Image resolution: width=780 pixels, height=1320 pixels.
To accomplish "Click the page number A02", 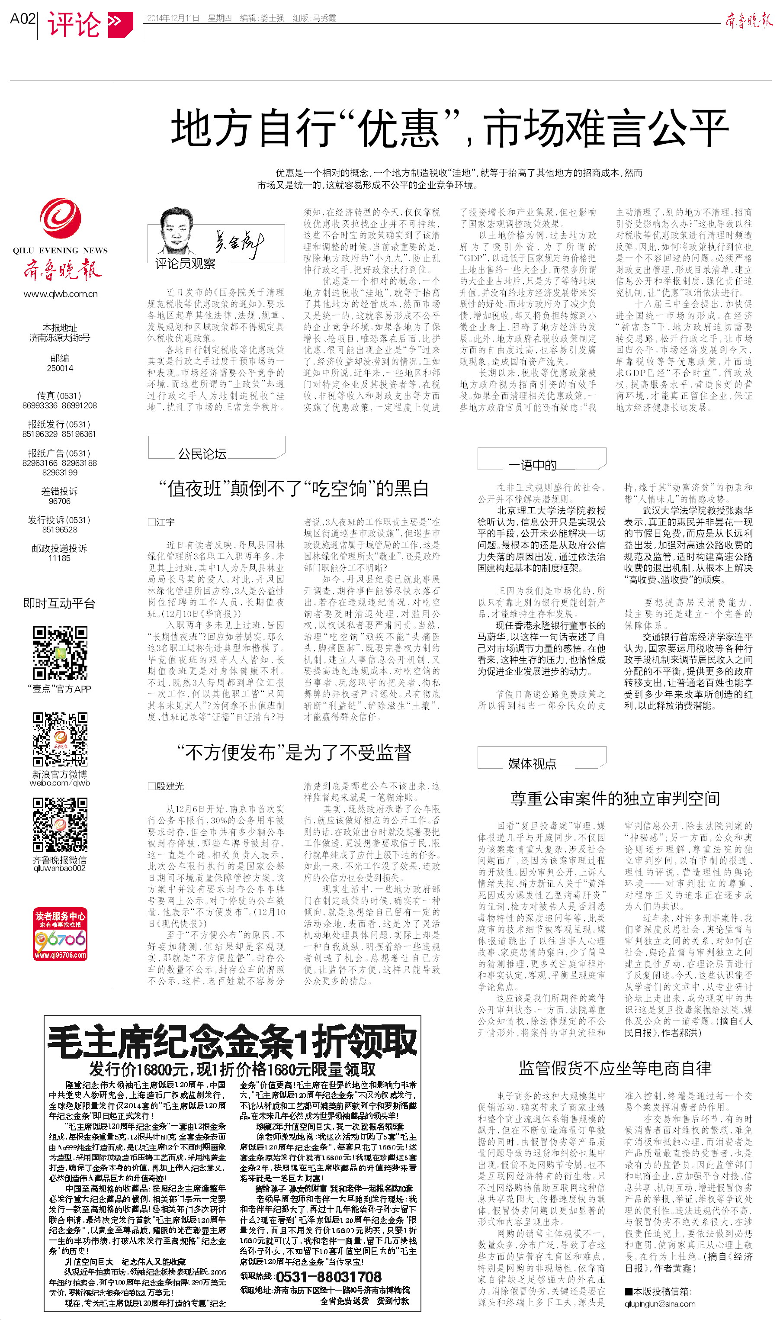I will (x=22, y=19).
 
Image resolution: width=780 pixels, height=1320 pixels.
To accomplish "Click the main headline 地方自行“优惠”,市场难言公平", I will (x=449, y=128).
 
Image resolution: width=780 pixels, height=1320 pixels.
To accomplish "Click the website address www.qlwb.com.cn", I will (x=61, y=294).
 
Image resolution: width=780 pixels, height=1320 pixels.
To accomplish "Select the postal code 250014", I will (x=60, y=368).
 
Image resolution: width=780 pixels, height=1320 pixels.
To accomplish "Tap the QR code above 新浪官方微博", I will (x=60, y=739).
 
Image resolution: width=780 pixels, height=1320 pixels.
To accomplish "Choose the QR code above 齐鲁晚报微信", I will (x=60, y=825).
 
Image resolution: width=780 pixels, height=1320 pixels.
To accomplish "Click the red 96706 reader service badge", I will (x=60, y=934).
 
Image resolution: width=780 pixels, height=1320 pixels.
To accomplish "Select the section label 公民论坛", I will (x=202, y=454).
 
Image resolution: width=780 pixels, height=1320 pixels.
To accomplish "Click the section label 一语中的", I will (x=532, y=465).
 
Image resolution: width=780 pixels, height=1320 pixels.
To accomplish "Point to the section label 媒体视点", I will (x=532, y=764).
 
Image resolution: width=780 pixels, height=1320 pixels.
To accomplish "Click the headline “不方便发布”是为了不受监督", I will (x=294, y=753).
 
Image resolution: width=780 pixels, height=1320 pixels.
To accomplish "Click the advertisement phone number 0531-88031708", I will (x=328, y=1277).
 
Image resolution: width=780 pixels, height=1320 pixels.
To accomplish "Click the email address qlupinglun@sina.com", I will (x=660, y=1304).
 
